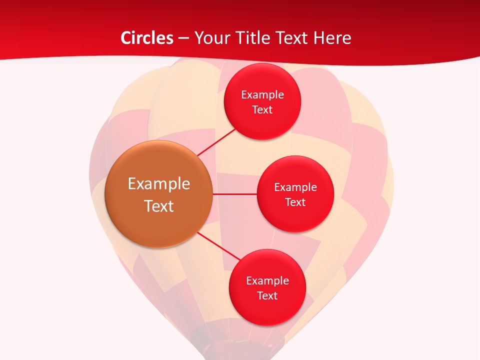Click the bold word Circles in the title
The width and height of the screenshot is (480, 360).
147,38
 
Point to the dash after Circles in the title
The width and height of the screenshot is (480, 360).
183,38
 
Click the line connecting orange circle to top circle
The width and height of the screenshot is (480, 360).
217,141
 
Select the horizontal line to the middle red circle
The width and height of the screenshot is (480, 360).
234,194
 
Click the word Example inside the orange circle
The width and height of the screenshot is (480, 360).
159,183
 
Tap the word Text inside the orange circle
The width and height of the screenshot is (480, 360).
159,206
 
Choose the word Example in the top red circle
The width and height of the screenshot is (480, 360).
262,94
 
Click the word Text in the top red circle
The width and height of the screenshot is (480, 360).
262,109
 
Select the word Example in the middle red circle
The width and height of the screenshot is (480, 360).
295,187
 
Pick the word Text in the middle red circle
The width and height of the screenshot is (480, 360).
295,202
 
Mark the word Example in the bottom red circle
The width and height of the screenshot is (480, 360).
267,280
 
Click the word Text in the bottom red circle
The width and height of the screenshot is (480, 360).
267,295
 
